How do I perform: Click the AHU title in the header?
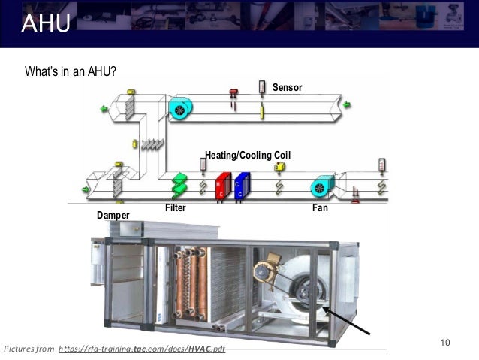point(46,25)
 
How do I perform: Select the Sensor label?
point(287,88)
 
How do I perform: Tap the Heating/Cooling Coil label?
point(248,155)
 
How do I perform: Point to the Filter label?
point(175,207)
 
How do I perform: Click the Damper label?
point(113,216)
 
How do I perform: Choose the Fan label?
point(321,207)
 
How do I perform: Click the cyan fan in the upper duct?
point(180,109)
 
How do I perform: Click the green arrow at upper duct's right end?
point(348,104)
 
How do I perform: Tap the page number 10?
point(444,343)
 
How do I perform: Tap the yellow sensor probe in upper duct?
point(262,112)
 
